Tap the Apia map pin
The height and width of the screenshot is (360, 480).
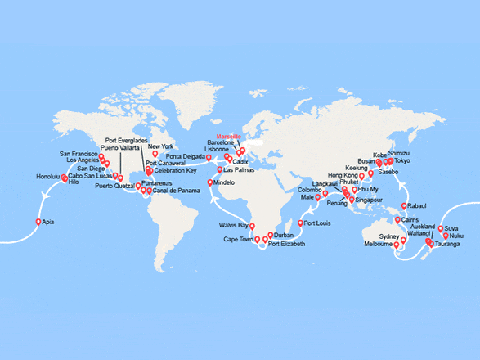pos(38,221)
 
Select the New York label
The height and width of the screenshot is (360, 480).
pos(161,146)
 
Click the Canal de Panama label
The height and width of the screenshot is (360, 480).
pos(175,191)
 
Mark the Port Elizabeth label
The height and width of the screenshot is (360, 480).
pos(287,244)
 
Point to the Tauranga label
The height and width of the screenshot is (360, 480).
pos(449,244)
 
